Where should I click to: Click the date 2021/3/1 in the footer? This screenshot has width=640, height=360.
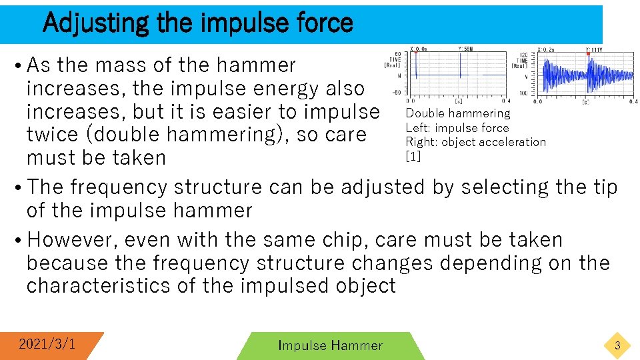pyautogui.click(x=47, y=344)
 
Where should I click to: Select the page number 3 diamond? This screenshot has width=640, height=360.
pyautogui.click(x=617, y=345)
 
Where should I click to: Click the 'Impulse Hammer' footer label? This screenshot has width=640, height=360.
pyautogui.click(x=330, y=345)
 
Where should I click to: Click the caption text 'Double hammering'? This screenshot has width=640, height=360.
pyautogui.click(x=457, y=113)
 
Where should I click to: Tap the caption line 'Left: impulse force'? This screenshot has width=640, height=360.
pyautogui.click(x=457, y=127)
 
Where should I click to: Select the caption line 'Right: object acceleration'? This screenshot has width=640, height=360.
pyautogui.click(x=475, y=141)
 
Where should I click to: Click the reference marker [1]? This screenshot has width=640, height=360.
pyautogui.click(x=413, y=155)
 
